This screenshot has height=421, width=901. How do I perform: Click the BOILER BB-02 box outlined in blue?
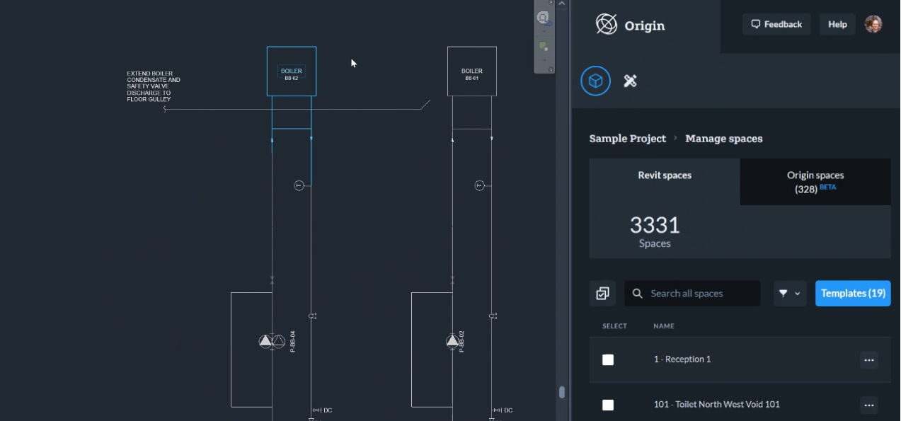pos(292,71)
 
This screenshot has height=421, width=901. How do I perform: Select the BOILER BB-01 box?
pos(471,71)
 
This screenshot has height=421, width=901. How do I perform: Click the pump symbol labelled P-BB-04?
pos(272,341)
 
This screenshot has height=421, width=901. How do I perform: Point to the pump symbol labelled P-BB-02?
pos(452,341)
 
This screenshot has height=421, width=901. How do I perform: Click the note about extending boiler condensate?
pos(153,86)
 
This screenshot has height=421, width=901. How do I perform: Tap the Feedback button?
pos(776,24)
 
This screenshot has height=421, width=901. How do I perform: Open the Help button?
pos(837,24)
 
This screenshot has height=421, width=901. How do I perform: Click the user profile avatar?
pos(873,24)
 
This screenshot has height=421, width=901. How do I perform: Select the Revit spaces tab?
pos(665,175)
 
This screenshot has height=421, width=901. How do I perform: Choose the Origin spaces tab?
pos(815,182)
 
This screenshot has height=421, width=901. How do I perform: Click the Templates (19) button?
pos(853,293)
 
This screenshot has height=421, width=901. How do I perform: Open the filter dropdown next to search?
pos(790,293)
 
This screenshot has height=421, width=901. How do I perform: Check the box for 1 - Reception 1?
pos(608,359)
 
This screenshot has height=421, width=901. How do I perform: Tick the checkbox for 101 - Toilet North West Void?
pos(608,405)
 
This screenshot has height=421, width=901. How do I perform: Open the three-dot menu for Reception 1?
pos(868,359)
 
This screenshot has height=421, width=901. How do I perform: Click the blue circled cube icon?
pos(596,81)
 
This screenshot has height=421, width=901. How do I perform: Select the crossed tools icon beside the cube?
pos(630,81)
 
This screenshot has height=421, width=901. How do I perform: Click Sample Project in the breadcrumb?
pos(628,139)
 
